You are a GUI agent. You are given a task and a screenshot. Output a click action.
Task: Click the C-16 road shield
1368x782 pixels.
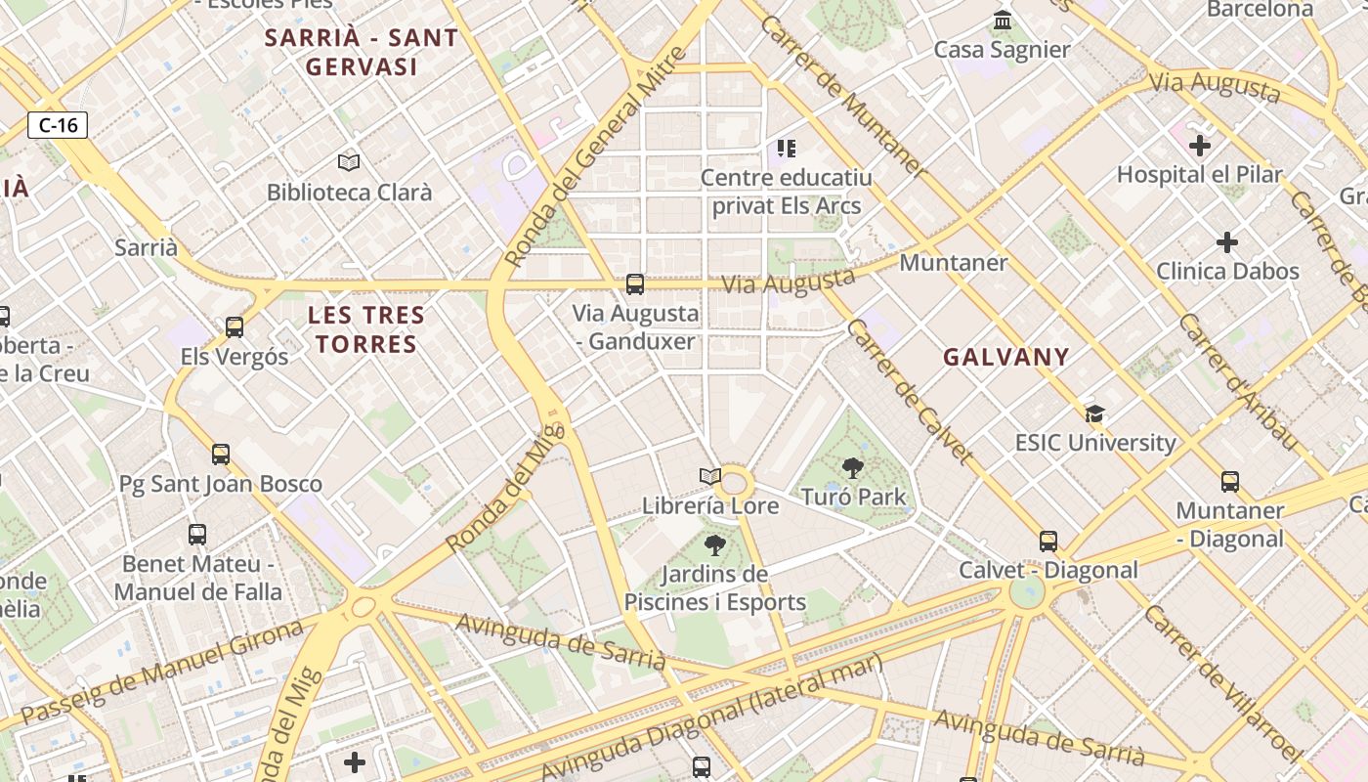coord(58,125)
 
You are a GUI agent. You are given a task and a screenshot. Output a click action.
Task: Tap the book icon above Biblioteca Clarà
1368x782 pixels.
coord(349,162)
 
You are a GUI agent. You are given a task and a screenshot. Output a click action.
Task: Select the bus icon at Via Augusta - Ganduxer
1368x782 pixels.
coord(635,284)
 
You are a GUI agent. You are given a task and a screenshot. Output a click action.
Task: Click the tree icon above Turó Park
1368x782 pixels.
coord(853,467)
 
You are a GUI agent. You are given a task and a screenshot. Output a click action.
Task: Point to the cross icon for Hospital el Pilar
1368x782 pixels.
coord(1200,146)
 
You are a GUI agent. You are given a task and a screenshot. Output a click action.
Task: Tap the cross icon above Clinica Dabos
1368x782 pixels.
coord(1227,241)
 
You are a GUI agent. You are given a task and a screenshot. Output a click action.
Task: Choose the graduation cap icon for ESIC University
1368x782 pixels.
coord(1094,413)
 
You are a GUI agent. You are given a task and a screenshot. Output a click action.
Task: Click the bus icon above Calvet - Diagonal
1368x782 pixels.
coord(1048,541)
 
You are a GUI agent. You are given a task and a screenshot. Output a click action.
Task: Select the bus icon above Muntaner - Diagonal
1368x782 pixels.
coord(1229,481)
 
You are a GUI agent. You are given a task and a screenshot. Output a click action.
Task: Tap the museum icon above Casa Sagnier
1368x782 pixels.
coord(1002,21)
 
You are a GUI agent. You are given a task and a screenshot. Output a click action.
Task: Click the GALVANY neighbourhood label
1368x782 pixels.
coord(1005,357)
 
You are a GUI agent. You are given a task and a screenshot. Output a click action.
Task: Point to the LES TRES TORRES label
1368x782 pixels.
coord(366,329)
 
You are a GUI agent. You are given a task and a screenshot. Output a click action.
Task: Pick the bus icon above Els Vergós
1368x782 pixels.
coord(235,327)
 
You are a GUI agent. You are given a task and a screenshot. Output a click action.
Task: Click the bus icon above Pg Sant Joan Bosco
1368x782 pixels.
coord(221,454)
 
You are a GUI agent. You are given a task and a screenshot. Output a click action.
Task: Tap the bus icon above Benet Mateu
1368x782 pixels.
coord(197,534)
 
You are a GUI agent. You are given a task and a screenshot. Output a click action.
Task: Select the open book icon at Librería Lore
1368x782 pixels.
coord(710,477)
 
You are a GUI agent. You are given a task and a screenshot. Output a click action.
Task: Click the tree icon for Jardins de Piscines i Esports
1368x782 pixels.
coord(715,544)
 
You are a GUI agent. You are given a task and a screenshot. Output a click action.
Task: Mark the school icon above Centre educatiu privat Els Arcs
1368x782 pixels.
coord(787,149)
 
